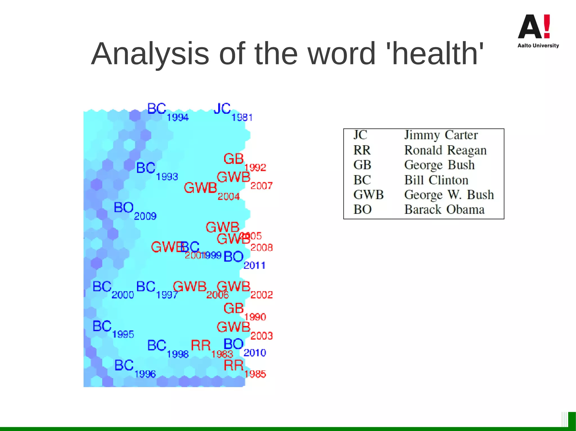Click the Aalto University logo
point(538,31)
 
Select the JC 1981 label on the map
point(232,111)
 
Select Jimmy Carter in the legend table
point(441,135)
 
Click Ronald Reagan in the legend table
point(445,150)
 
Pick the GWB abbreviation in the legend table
point(368,195)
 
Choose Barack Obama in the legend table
point(444,209)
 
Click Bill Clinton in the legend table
point(436,180)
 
